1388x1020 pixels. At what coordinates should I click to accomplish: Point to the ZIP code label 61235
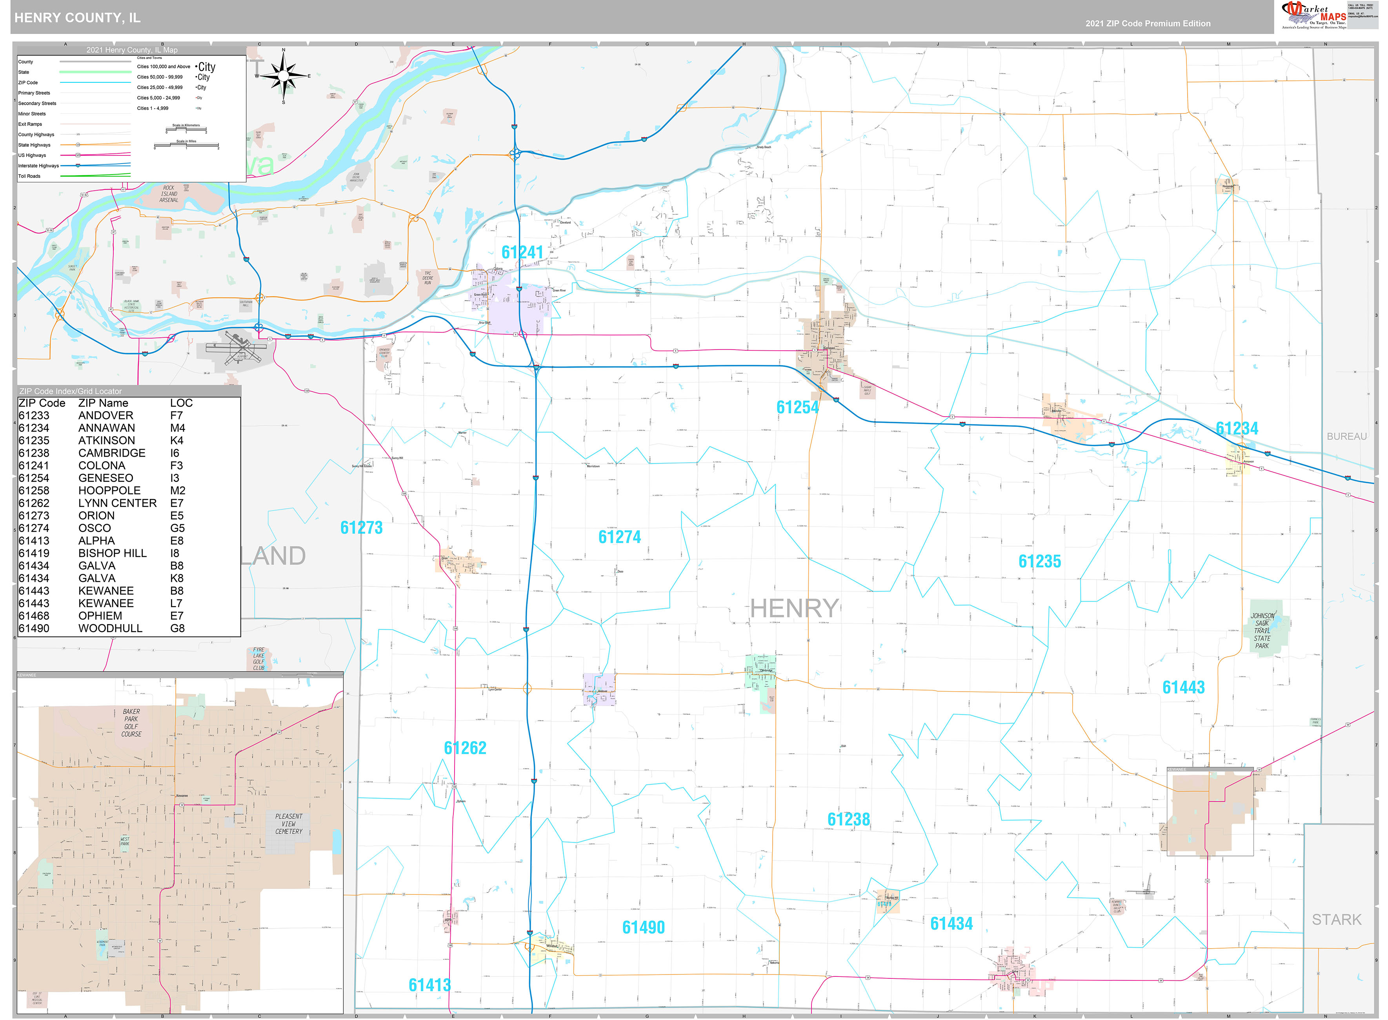point(1039,561)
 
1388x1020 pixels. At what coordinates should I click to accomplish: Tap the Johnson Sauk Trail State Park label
point(1262,630)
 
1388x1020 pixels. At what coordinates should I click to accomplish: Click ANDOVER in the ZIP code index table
point(106,415)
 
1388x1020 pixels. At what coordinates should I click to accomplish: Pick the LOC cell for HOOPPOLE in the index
point(177,491)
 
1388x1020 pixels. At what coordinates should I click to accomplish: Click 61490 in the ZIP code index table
point(34,628)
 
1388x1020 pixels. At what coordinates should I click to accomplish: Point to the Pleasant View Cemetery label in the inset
point(289,824)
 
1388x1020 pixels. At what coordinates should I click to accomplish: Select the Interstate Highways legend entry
point(38,166)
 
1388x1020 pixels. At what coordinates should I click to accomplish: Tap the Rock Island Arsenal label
point(169,194)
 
